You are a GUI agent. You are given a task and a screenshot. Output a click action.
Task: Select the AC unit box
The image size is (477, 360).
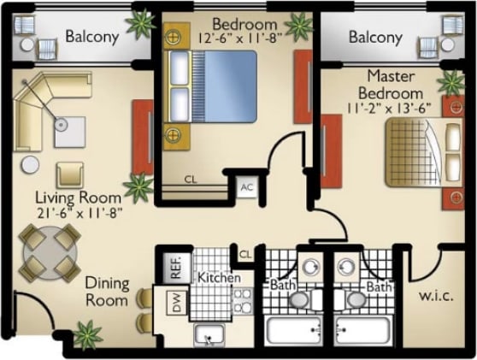pyautogui.click(x=247, y=187)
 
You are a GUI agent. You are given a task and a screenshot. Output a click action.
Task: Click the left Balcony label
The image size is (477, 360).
pyautogui.click(x=91, y=38)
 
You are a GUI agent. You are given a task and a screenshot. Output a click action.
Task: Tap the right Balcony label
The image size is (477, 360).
pyautogui.click(x=375, y=38)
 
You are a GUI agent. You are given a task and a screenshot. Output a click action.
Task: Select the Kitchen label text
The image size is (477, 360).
pyautogui.click(x=219, y=279)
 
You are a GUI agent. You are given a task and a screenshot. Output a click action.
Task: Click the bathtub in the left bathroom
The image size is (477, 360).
pyautogui.click(x=293, y=329)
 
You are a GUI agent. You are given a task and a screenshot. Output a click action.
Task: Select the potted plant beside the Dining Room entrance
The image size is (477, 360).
pyautogui.click(x=85, y=331)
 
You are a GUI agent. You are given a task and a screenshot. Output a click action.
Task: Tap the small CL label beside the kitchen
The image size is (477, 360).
pyautogui.click(x=244, y=254)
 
